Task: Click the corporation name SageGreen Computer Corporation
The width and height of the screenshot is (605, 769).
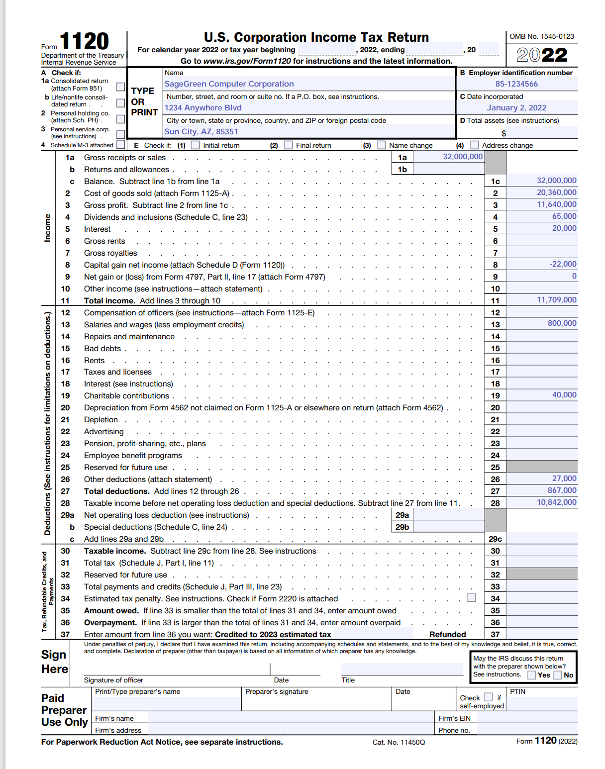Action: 229,84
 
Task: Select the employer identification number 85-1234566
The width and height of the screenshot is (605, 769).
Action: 516,84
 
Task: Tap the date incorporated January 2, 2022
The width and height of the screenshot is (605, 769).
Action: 516,108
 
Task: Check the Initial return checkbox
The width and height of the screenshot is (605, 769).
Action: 196,145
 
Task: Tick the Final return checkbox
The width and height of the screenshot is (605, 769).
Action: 288,145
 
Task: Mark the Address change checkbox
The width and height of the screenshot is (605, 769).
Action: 474,145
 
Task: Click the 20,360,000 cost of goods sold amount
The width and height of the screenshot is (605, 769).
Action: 556,192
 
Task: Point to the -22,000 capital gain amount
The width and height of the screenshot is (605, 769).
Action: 563,264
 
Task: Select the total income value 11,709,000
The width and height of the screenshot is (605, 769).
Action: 556,300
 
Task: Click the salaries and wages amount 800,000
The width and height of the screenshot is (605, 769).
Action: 562,323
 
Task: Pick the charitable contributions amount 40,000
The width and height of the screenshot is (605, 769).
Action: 564,395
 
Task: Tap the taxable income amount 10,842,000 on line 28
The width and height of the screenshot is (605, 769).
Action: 556,502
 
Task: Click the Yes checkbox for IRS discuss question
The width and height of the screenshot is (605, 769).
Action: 532,675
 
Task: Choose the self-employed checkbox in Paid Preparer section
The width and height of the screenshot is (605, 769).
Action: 488,697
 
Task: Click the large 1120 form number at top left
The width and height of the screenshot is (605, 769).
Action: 84,42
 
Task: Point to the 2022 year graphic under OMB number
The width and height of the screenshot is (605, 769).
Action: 541,55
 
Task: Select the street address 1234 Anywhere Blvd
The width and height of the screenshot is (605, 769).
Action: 203,108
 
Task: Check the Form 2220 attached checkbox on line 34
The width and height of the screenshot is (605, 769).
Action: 472,597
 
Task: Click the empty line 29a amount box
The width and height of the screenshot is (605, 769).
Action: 448,515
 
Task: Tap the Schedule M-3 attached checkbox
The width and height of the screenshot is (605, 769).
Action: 120,145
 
